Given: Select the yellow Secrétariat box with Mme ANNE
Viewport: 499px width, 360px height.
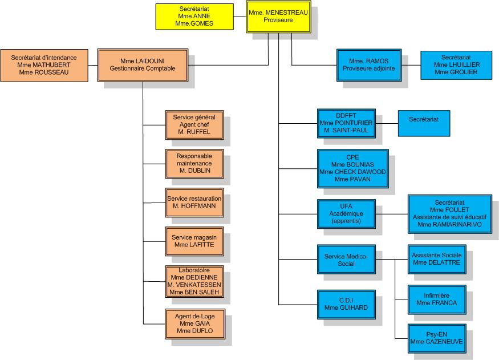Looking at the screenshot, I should pyautogui.click(x=194, y=17).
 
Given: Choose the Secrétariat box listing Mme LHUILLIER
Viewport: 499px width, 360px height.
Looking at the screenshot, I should pyautogui.click(x=456, y=65).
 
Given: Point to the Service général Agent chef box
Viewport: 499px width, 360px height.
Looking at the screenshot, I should pyautogui.click(x=194, y=124).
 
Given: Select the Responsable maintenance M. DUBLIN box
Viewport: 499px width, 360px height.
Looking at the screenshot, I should pyautogui.click(x=194, y=163).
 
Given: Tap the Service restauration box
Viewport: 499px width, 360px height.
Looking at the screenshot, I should pyautogui.click(x=194, y=202).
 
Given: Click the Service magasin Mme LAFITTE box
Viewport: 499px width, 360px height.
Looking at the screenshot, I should pyautogui.click(x=194, y=241).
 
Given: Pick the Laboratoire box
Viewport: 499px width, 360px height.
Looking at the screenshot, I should pyautogui.click(x=194, y=281).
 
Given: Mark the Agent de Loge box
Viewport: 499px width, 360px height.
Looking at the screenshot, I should pyautogui.click(x=194, y=323).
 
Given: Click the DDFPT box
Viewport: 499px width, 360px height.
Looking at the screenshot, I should pyautogui.click(x=346, y=123).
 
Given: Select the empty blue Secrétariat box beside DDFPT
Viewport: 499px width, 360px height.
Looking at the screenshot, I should pyautogui.click(x=424, y=123).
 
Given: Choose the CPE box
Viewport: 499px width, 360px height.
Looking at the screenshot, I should pyautogui.click(x=353, y=168).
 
